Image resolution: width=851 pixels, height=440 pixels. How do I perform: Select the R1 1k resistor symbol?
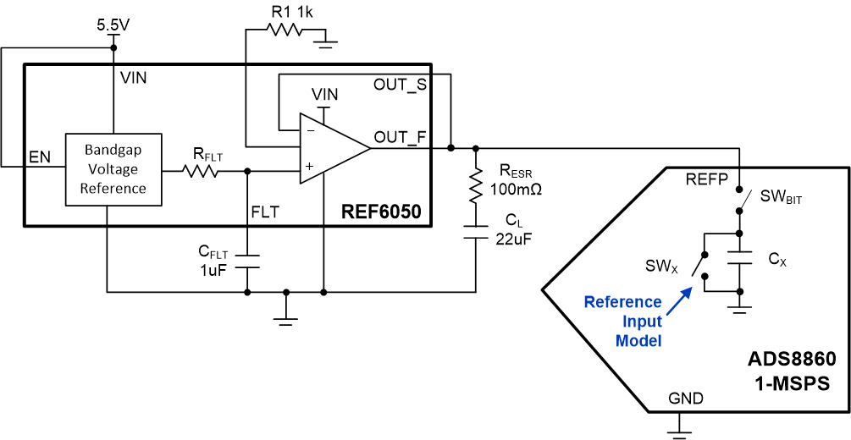(x=285, y=30)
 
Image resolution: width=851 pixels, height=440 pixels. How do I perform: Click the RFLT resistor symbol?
(x=201, y=172)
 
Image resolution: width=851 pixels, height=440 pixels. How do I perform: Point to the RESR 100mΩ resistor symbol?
(x=476, y=186)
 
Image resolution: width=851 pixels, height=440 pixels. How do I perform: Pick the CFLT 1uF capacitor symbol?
(x=247, y=261)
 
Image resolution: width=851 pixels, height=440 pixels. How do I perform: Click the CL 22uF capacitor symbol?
(x=476, y=232)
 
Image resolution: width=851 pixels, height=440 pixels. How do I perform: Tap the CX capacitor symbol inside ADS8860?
(x=739, y=258)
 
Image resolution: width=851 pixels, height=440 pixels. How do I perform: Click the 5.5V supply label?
(x=113, y=25)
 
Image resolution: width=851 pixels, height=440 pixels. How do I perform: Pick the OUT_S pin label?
(x=400, y=85)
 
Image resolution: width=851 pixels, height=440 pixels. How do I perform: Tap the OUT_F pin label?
(x=401, y=139)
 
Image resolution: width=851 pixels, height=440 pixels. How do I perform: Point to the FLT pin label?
(x=265, y=212)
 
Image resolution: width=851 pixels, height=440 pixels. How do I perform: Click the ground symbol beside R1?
(x=326, y=43)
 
